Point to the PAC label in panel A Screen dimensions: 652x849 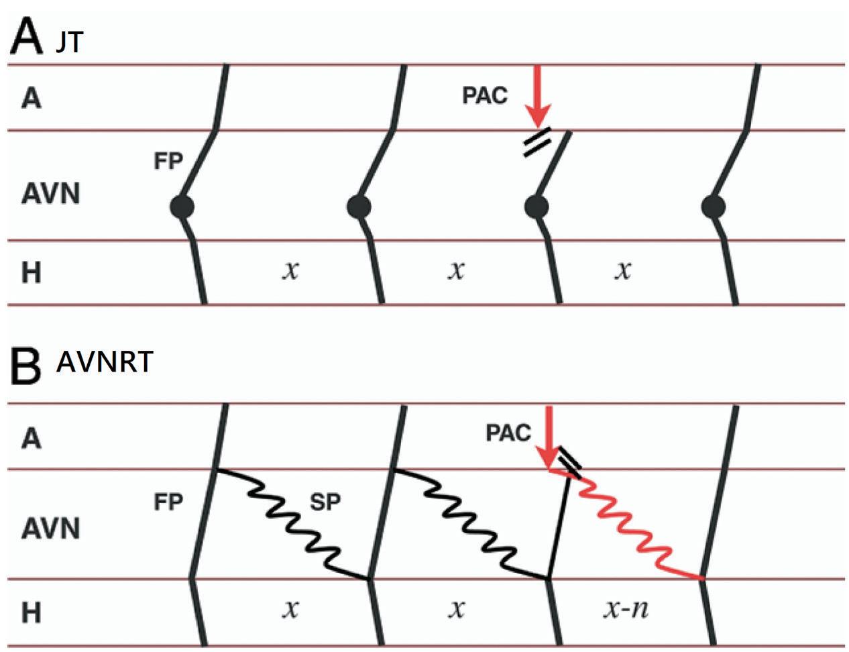485,96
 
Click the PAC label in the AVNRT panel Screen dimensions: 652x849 508,433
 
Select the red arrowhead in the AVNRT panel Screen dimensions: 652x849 551,459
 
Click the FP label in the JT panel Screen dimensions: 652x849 168,162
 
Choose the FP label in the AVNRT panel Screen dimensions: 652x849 168,502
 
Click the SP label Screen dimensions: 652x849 325,502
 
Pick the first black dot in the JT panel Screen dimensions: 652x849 181,207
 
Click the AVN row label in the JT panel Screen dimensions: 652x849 51,195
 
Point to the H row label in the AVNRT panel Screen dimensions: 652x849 31,612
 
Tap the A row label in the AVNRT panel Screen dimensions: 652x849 31,438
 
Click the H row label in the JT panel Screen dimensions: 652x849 31,273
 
